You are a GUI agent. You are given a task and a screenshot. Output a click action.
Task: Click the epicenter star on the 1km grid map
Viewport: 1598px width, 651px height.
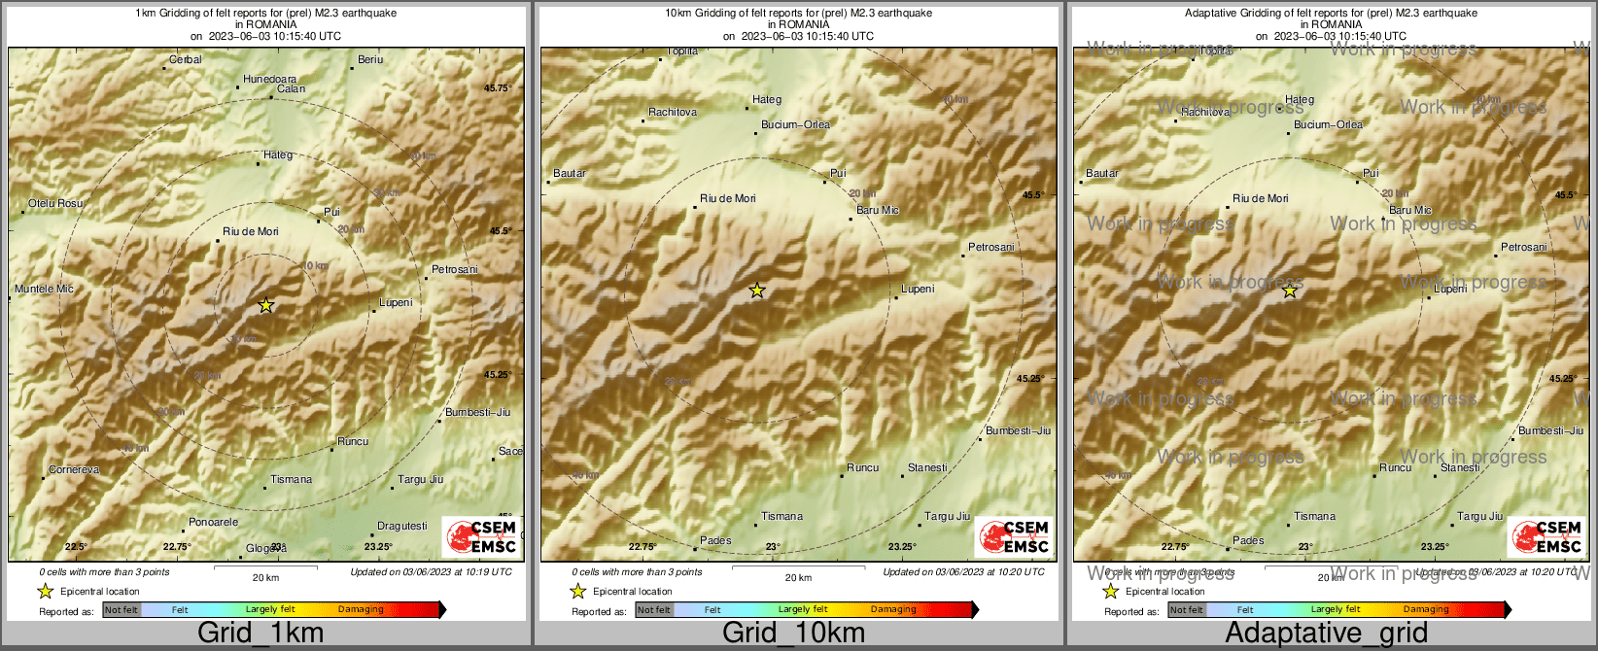click(266, 305)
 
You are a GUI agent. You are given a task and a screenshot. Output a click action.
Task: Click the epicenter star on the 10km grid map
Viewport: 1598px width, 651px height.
click(757, 291)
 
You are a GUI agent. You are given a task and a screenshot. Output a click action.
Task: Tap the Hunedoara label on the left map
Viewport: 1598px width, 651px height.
click(269, 80)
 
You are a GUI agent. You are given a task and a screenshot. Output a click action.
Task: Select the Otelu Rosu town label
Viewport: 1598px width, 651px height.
click(55, 204)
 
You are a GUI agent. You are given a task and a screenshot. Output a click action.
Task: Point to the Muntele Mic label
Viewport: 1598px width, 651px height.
click(44, 290)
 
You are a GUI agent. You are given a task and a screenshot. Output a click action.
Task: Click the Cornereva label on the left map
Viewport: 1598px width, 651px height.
click(74, 470)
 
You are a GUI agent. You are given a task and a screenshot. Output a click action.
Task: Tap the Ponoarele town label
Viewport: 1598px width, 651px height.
click(213, 523)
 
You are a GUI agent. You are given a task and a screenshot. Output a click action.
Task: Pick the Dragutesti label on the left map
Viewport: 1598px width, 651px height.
click(401, 527)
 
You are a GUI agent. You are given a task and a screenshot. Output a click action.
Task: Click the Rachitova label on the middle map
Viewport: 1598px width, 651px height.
click(673, 113)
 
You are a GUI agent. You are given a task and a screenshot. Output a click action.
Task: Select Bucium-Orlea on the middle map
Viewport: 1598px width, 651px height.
click(795, 125)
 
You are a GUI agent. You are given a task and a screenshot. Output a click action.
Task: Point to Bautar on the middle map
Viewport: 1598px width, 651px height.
click(570, 174)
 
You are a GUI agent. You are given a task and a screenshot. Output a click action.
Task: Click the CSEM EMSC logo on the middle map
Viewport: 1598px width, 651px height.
click(1014, 536)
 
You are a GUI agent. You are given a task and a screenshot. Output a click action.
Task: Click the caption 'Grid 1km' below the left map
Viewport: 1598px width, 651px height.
click(261, 634)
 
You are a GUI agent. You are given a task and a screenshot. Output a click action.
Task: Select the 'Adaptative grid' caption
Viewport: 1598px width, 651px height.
click(1326, 634)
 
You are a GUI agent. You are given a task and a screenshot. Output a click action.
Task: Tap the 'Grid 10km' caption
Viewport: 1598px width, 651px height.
click(793, 634)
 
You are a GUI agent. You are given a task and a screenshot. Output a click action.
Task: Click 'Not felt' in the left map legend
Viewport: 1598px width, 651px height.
click(122, 610)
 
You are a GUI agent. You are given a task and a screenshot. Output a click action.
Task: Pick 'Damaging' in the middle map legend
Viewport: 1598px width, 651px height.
click(893, 610)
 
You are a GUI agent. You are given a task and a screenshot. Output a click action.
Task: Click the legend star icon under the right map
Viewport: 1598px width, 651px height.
click(1110, 592)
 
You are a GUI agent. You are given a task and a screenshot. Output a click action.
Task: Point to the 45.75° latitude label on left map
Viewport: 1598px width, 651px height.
click(498, 88)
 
